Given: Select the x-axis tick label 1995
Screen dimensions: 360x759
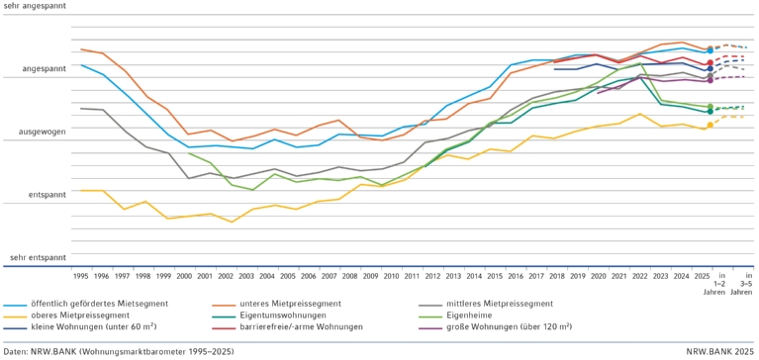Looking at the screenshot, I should [80, 276].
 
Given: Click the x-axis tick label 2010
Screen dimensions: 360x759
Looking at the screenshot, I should [391, 276].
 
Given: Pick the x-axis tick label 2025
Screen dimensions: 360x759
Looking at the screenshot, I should [702, 276].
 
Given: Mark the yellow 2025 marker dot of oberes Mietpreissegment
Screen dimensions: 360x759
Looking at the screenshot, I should [709, 125].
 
